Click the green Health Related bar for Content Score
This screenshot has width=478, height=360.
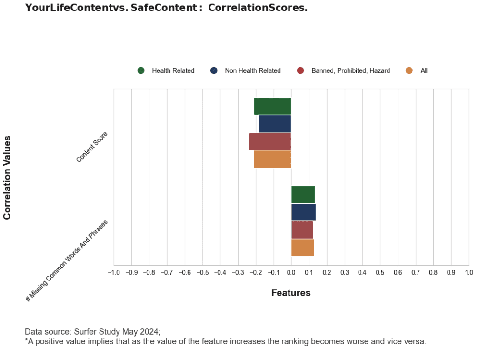pos(272,106)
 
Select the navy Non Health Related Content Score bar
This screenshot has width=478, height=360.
pos(275,124)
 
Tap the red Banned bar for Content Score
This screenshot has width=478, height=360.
pos(270,141)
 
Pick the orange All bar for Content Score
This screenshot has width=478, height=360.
pos(272,159)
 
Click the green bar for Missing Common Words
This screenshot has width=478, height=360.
pos(303,194)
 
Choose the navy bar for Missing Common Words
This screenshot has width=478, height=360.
pos(303,212)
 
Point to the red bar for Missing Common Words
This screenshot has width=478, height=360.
pos(302,230)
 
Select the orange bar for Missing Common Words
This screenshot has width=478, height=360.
pos(302,247)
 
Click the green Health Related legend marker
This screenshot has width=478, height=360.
pos(141,70)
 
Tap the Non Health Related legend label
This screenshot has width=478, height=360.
pos(253,70)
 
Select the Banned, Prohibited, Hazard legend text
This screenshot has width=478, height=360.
pos(350,70)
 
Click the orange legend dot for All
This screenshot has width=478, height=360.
pos(409,70)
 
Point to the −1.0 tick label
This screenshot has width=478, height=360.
pos(113,272)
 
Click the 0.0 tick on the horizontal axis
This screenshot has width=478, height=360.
pos(291,272)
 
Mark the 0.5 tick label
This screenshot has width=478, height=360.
pos(380,272)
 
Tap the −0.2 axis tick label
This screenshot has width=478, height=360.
pos(256,272)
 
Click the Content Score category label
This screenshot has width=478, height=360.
pos(92,147)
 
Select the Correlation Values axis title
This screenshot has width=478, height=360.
pos(7,177)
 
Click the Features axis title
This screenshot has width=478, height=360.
pos(291,293)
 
